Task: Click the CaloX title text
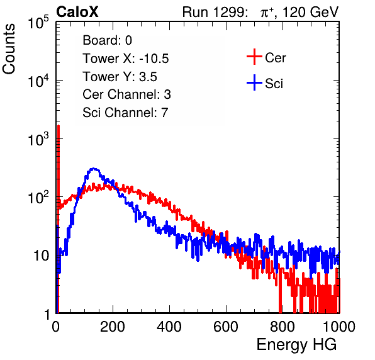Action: (77, 12)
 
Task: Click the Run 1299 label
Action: (215, 12)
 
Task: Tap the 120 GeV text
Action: (310, 12)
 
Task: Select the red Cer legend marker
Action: (254, 57)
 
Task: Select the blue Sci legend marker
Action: (254, 82)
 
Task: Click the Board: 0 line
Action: (107, 40)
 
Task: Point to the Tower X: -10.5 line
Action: (126, 59)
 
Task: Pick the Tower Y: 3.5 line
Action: (120, 77)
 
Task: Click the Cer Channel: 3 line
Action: (126, 94)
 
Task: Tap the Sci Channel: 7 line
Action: (125, 113)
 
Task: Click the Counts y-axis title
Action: (9, 49)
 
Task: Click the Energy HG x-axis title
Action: (296, 345)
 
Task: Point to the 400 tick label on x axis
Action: (169, 327)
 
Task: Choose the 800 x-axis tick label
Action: (283, 327)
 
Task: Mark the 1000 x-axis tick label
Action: (339, 327)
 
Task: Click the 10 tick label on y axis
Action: (42, 256)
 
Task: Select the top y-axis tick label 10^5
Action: (38, 22)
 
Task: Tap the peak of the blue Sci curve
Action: (94, 169)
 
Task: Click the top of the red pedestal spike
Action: (59, 126)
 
